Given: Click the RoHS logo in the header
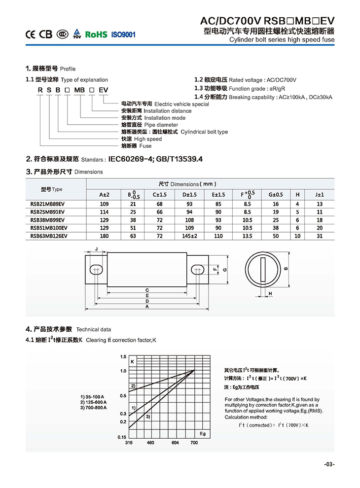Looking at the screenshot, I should (96, 35).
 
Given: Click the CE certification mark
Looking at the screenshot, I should (31, 35).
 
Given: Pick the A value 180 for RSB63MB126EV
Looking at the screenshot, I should (104, 236).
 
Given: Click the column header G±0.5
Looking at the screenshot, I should (276, 195).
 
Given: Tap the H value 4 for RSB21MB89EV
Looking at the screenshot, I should (297, 204).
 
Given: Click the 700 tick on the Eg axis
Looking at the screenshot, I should (194, 443).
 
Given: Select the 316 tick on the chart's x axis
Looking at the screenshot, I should (129, 443).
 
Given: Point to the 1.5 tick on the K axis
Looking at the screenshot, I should (123, 356).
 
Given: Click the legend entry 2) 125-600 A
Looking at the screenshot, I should (93, 402).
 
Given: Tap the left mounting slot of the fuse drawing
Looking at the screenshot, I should (96, 269).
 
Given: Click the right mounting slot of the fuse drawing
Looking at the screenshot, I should (197, 269).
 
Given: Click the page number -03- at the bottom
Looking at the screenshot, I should (329, 464).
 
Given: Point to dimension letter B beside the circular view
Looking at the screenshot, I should (286, 269).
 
